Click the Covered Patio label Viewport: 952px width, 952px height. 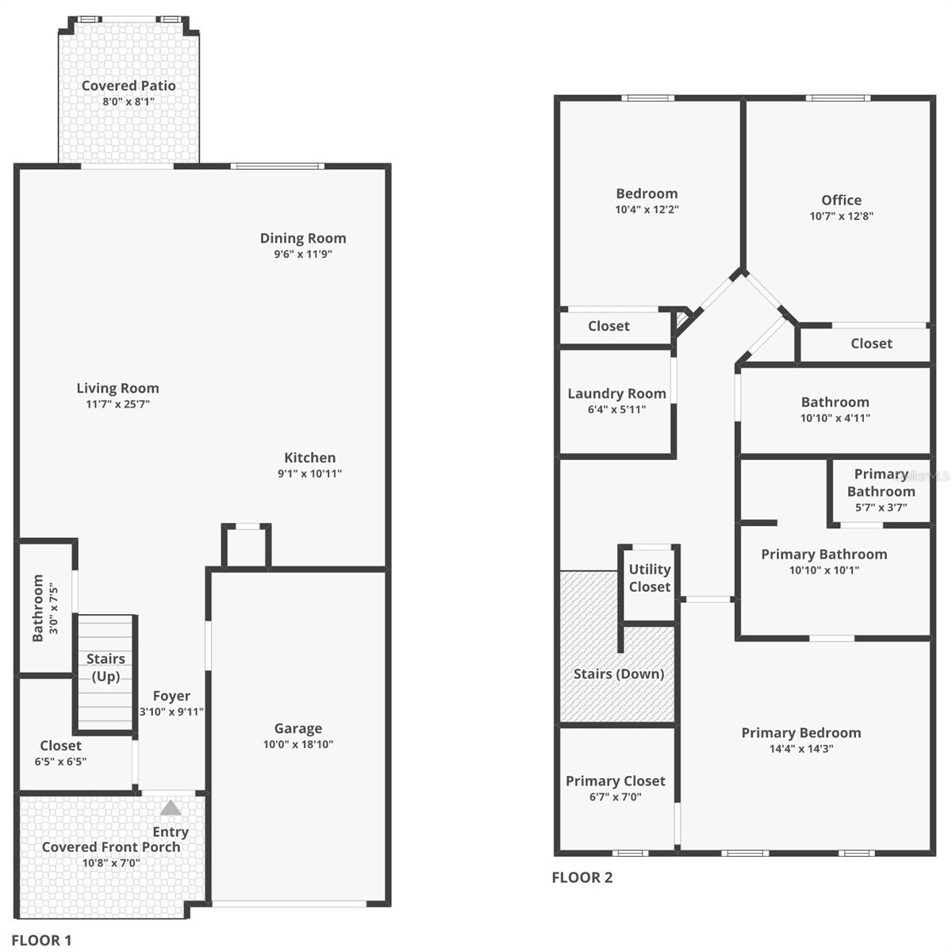point(129,86)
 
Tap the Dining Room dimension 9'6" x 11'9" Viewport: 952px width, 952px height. point(302,255)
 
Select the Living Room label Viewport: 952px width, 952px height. point(117,388)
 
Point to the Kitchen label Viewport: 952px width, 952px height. point(309,458)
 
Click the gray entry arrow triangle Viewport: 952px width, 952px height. point(171,808)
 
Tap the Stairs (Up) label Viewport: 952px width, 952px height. point(106,667)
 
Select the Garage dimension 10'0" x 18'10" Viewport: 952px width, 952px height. point(297,745)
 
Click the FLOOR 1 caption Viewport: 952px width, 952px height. point(41,940)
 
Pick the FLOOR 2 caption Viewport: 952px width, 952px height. point(582,877)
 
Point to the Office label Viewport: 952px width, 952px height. point(841,200)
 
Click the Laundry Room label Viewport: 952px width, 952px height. point(616,393)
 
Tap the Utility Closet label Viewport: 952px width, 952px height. point(650,578)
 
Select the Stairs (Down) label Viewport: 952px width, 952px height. point(618,674)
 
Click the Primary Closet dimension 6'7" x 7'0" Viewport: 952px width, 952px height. point(615,797)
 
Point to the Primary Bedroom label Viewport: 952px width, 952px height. point(800,733)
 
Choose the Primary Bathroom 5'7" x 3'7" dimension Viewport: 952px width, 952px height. point(881,508)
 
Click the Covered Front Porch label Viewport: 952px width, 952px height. point(111,847)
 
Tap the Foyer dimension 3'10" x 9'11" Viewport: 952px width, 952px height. point(171,712)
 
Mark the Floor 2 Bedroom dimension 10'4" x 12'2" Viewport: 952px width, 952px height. point(647,210)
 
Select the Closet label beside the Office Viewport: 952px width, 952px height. point(871,344)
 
